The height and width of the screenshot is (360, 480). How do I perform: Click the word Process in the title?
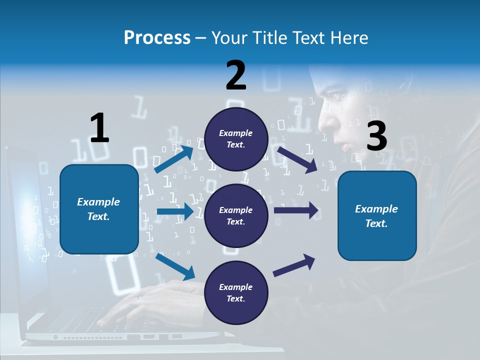click(157, 38)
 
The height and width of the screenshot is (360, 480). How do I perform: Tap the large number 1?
click(99, 128)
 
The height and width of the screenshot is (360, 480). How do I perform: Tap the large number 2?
click(236, 75)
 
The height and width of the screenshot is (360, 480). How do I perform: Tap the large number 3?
click(376, 136)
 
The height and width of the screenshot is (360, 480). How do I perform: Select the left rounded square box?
click(99, 209)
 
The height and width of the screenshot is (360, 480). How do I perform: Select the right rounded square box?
click(377, 215)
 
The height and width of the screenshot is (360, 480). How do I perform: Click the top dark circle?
click(236, 139)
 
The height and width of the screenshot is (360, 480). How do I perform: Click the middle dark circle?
click(236, 215)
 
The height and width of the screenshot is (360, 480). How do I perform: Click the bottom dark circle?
click(236, 292)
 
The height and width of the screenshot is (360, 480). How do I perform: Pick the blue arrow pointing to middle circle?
click(175, 212)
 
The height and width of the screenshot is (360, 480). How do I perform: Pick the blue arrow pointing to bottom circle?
click(175, 266)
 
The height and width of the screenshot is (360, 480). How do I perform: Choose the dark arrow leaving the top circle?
click(297, 159)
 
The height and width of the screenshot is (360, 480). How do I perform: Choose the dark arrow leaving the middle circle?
click(296, 210)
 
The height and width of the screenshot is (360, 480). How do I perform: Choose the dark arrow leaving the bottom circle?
click(294, 265)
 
